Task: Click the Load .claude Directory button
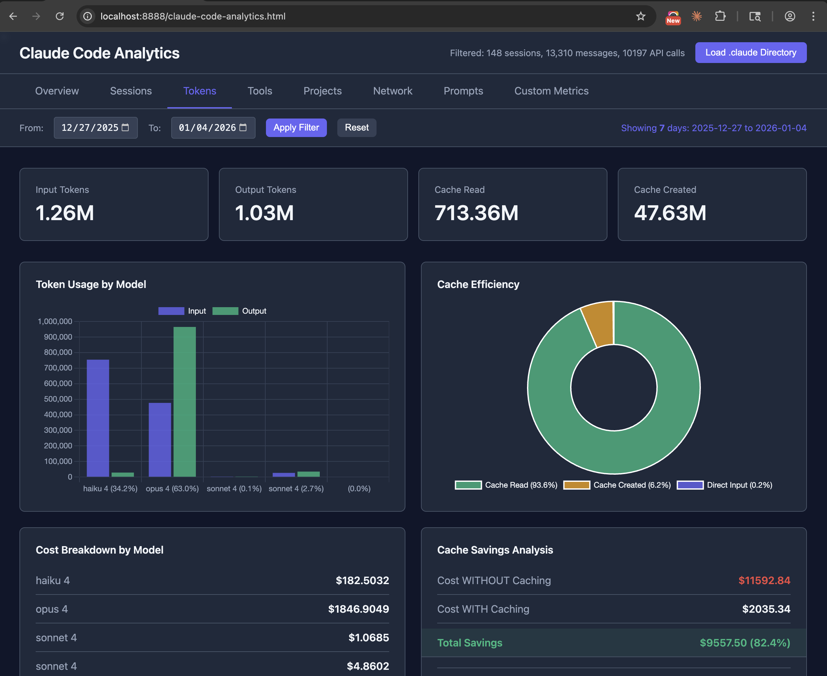pyautogui.click(x=750, y=53)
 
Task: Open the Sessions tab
pyautogui.click(x=131, y=91)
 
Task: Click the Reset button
pyautogui.click(x=356, y=127)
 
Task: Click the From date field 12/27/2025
pyautogui.click(x=90, y=128)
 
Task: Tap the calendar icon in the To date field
pyautogui.click(x=243, y=127)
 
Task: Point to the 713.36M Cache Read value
pyautogui.click(x=476, y=213)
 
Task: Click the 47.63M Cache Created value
pyautogui.click(x=670, y=213)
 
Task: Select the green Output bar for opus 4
pyautogui.click(x=185, y=401)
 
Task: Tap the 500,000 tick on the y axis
pyautogui.click(x=58, y=399)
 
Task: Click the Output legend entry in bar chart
pyautogui.click(x=239, y=311)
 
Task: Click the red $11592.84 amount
pyautogui.click(x=764, y=580)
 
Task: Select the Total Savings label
pyautogui.click(x=470, y=643)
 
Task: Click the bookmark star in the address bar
pyautogui.click(x=640, y=16)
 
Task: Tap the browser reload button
pyautogui.click(x=60, y=16)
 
